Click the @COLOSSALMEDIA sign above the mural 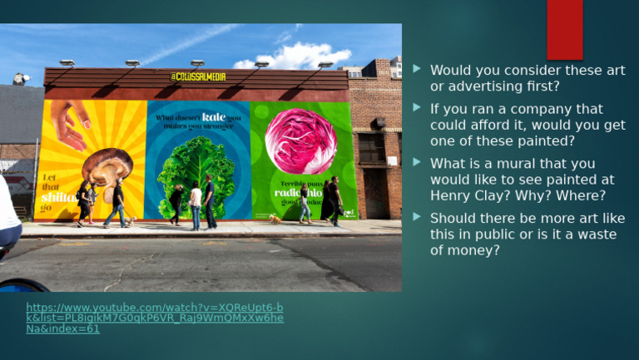pos(197,76)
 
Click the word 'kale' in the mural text pos(213,117)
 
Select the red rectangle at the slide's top pos(564,29)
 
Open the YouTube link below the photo pos(155,318)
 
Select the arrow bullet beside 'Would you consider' pos(417,70)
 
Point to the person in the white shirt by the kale pos(196,204)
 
